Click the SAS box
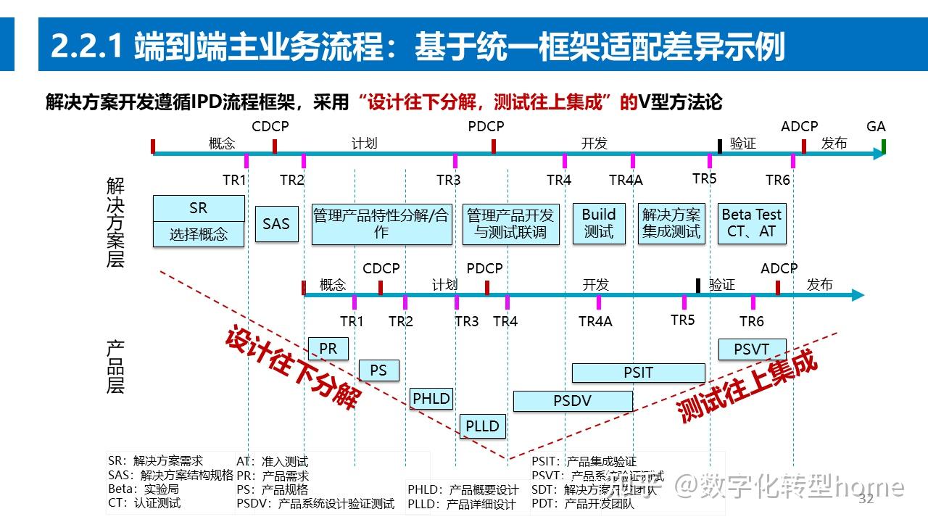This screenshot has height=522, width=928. (x=276, y=224)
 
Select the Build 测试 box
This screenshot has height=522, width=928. (x=599, y=223)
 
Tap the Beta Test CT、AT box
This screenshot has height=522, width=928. (x=752, y=223)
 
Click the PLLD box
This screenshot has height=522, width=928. (x=482, y=426)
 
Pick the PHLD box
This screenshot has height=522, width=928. (x=431, y=398)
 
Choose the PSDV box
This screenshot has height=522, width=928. (x=573, y=401)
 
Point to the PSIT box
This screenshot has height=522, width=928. (x=638, y=373)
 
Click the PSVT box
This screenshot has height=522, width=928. (x=752, y=349)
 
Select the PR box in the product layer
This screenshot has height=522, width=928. (x=328, y=349)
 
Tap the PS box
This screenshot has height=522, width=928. (x=378, y=370)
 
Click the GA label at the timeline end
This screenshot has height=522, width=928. (x=876, y=127)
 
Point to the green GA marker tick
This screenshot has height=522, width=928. (x=884, y=146)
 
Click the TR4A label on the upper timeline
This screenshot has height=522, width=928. (x=626, y=180)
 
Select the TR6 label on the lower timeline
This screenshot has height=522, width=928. (x=752, y=321)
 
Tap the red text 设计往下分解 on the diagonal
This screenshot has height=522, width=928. (x=294, y=368)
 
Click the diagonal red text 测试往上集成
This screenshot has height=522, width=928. (x=747, y=386)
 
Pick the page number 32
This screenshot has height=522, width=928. (x=866, y=499)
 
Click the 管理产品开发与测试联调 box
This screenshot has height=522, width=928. (x=510, y=224)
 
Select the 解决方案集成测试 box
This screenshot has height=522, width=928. (x=671, y=223)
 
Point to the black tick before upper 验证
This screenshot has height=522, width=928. (x=720, y=146)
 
